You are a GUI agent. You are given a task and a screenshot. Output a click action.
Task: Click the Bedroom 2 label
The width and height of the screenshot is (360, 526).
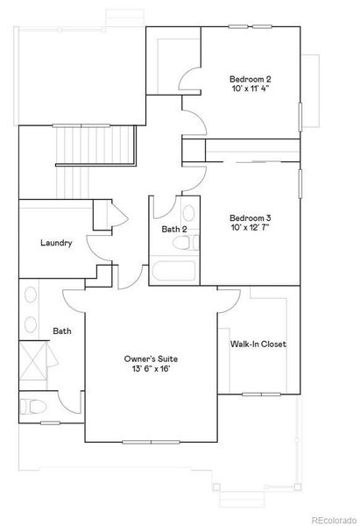248,77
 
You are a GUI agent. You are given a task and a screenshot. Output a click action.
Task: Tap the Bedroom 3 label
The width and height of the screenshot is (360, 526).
251,217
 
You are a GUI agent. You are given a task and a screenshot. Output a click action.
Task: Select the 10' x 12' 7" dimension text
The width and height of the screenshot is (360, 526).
251,229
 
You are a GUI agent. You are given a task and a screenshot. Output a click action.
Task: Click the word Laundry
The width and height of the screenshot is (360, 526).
55,243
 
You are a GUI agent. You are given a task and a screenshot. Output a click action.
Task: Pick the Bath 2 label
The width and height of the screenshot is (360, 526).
175,230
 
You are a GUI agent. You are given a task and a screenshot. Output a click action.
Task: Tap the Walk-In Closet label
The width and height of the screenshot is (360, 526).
258,345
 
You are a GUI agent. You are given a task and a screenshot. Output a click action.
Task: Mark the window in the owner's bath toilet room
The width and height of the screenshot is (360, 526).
20,406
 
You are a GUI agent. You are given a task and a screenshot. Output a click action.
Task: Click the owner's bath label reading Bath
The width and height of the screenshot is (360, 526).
61,331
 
